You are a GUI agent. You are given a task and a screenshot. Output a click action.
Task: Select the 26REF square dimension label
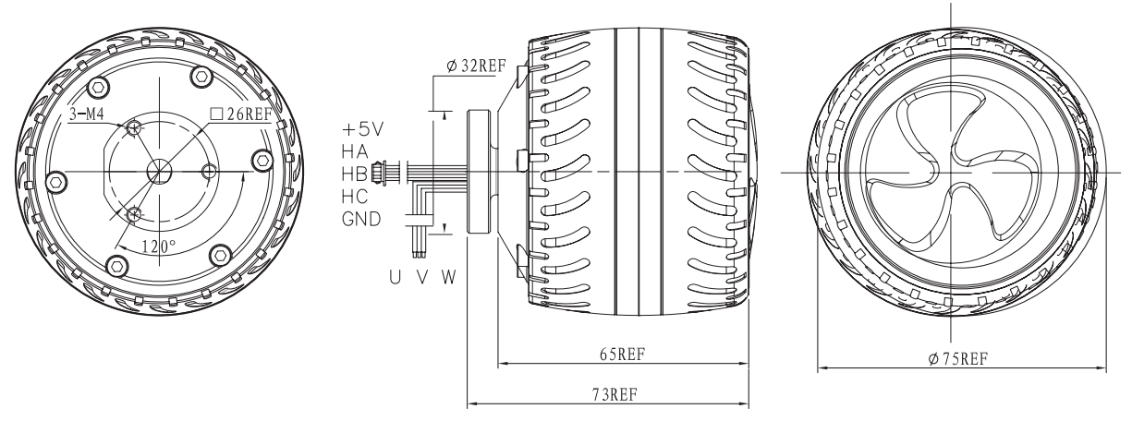(x=242, y=114)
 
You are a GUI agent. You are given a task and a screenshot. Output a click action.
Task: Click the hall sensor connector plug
(x=377, y=172)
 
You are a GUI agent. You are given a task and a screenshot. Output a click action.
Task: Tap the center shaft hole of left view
(x=159, y=172)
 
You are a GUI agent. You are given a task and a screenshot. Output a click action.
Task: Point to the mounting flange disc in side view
(x=479, y=172)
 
